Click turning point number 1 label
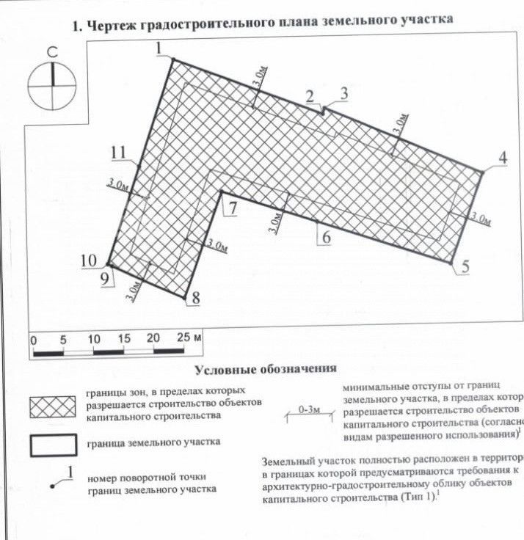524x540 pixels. pos(159,48)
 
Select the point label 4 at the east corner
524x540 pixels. pos(503,157)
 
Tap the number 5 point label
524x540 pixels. pos(464,267)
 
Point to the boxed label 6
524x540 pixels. pos(326,237)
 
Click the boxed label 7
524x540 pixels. pos(232,208)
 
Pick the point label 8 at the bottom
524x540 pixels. pos(194,298)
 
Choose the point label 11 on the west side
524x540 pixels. pos(120,153)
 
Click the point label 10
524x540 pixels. pos(89,260)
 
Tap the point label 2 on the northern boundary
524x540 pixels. pos(310,95)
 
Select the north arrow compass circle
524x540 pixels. pos(53,86)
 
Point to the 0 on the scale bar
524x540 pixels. pos(33,340)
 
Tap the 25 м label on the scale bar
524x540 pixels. pos(189,339)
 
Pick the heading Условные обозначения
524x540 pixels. pos(265,368)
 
